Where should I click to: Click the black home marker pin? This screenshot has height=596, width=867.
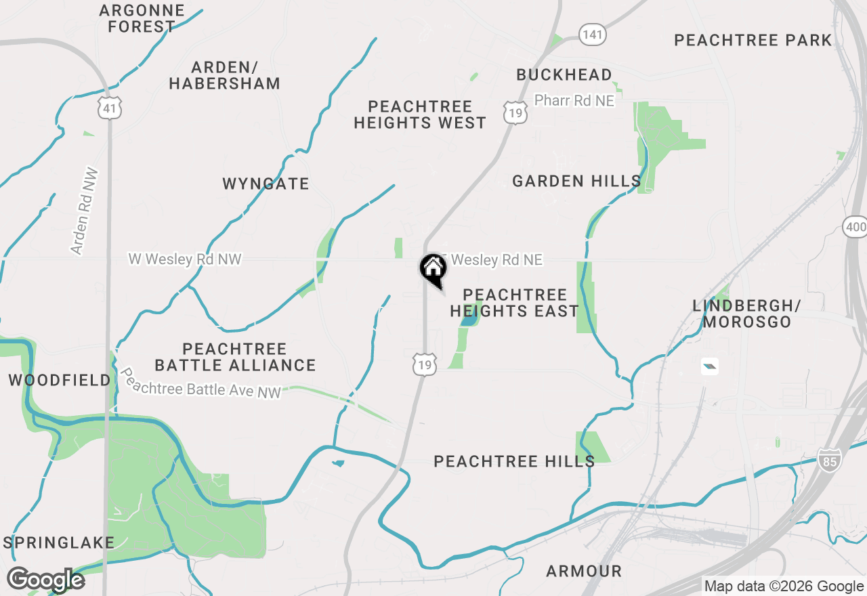pyautogui.click(x=433, y=270)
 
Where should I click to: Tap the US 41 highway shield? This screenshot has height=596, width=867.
pyautogui.click(x=109, y=106)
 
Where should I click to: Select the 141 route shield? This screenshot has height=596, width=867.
pyautogui.click(x=592, y=35)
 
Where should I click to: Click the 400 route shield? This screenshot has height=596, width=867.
pyautogui.click(x=855, y=226)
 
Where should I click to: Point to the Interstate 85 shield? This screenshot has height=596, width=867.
pyautogui.click(x=828, y=459)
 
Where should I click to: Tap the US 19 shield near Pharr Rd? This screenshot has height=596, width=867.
pyautogui.click(x=515, y=112)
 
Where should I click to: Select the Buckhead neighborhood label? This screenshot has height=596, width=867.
pyautogui.click(x=564, y=74)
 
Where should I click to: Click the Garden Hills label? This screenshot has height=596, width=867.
pyautogui.click(x=576, y=181)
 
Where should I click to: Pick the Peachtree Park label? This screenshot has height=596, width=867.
pyautogui.click(x=753, y=40)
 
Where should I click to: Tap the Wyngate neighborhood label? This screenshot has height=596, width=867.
pyautogui.click(x=266, y=184)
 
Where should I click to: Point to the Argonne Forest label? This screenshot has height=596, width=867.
pyautogui.click(x=142, y=18)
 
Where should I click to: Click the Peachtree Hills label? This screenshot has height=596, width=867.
pyautogui.click(x=514, y=461)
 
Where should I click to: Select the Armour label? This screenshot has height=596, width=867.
pyautogui.click(x=584, y=571)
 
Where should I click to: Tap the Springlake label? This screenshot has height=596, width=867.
pyautogui.click(x=59, y=542)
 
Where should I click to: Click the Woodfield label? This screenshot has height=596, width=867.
pyautogui.click(x=60, y=380)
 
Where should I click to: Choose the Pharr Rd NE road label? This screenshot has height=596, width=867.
pyautogui.click(x=574, y=100)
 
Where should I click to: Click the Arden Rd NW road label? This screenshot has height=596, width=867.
pyautogui.click(x=85, y=211)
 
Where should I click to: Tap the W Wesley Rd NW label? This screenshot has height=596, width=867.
pyautogui.click(x=185, y=259)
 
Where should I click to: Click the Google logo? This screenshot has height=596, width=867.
pyautogui.click(x=45, y=580)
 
